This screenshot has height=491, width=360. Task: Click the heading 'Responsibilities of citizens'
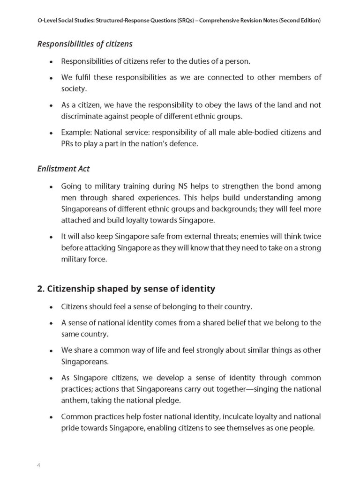(85, 44)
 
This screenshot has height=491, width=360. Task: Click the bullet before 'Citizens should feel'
(51, 307)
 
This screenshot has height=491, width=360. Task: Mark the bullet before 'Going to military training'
(51, 186)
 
